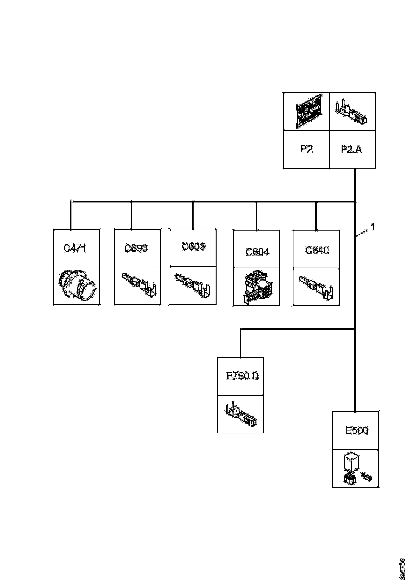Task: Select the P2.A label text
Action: coord(351,149)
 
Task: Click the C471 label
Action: coord(75,248)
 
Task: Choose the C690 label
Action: coord(136,248)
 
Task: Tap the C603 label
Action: coord(193,246)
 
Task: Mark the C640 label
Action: coord(317,250)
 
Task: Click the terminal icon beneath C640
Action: coord(316,287)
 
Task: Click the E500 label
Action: coord(357,430)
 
